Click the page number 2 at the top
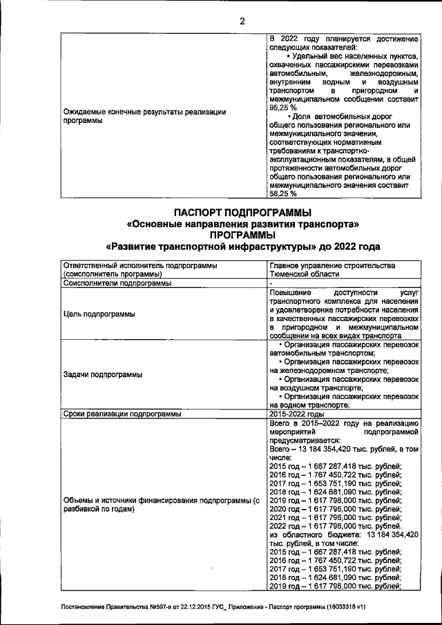[x=242, y=20]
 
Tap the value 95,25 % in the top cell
[x=283, y=108]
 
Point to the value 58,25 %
[x=283, y=194]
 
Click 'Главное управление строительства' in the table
[x=331, y=265]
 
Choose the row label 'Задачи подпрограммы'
[x=103, y=374]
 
